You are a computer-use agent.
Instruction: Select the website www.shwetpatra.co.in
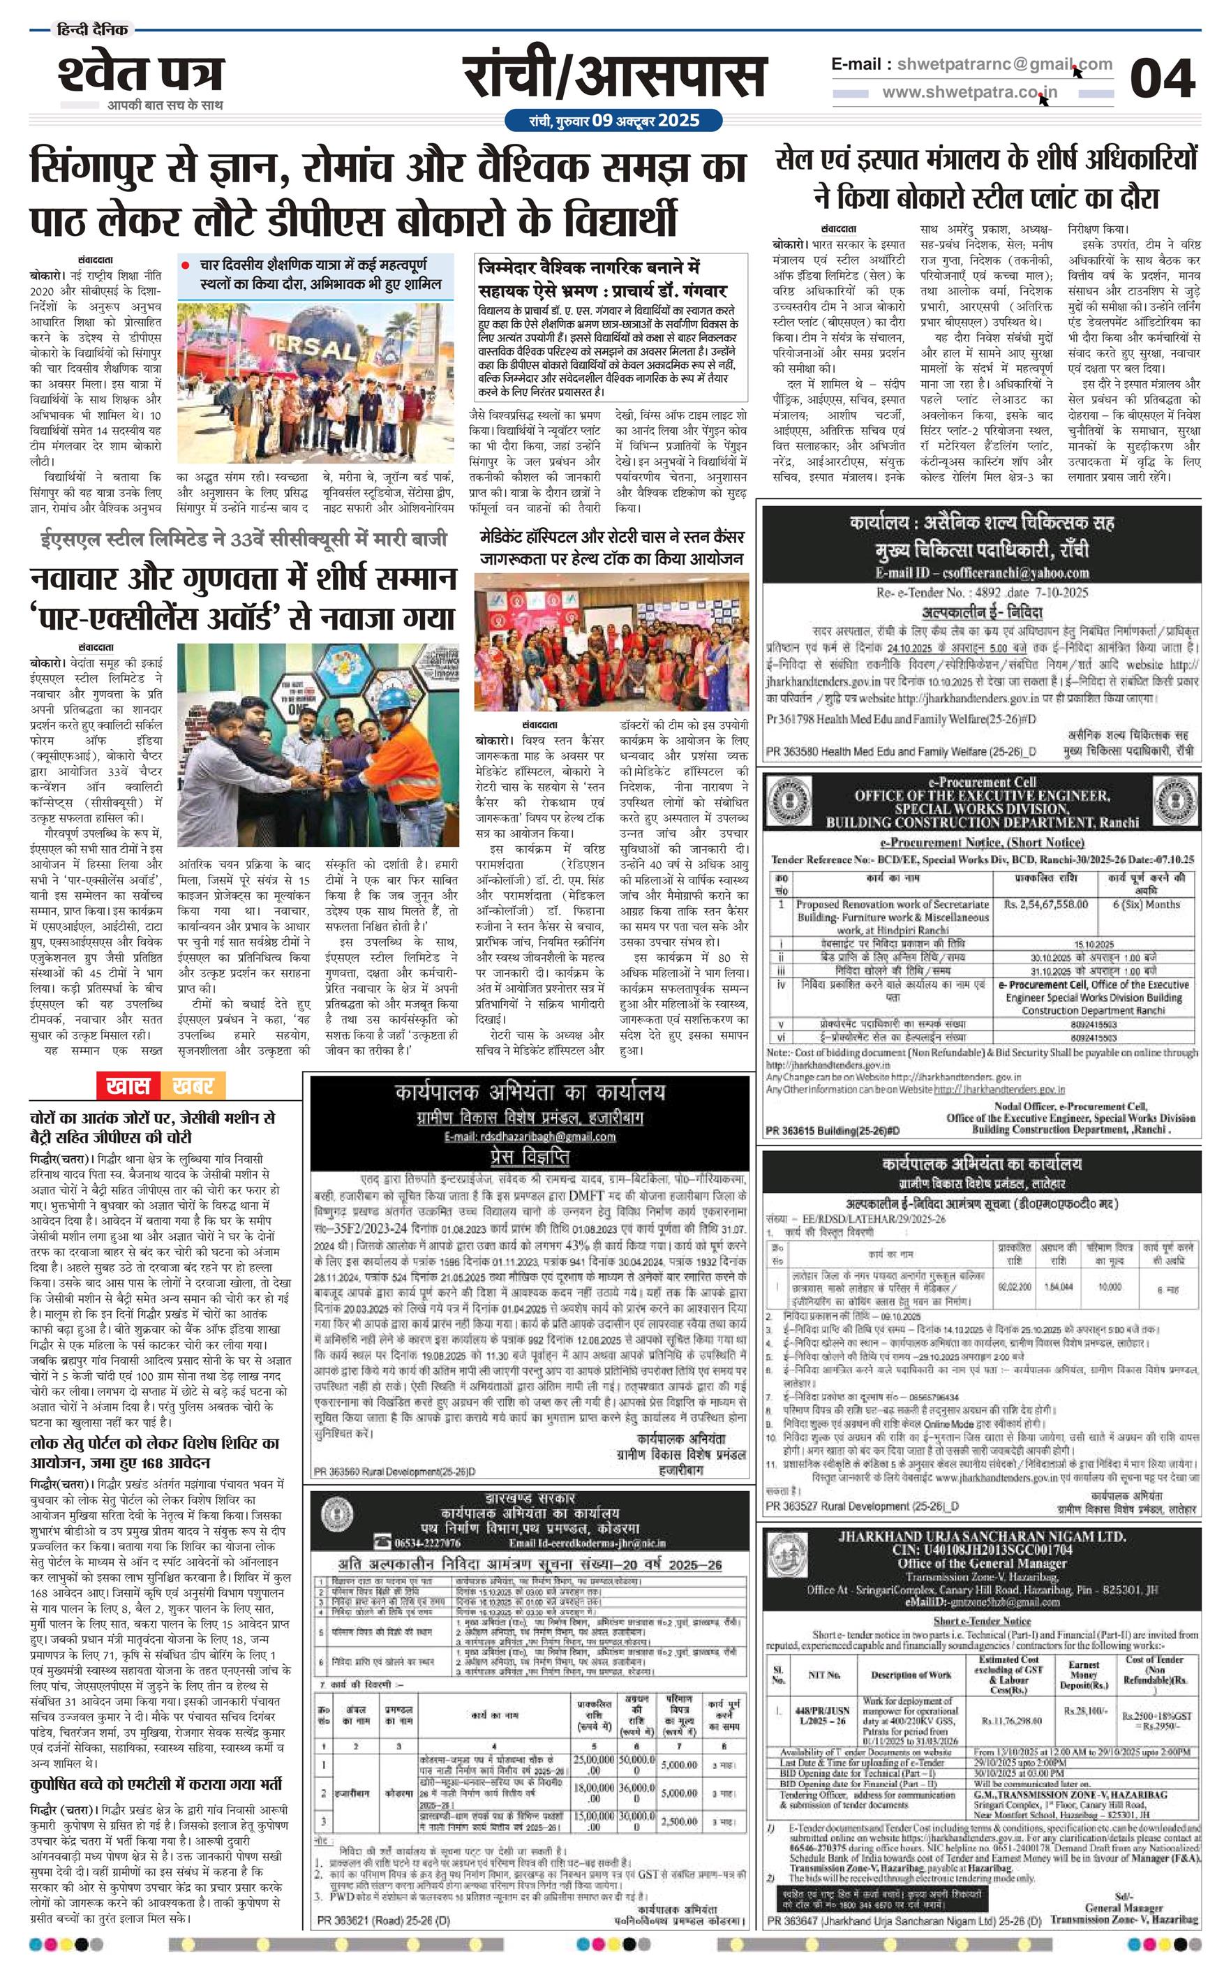point(969,92)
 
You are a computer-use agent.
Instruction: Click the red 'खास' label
point(128,1086)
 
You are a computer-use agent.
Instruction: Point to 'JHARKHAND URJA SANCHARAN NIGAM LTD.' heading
point(982,1536)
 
